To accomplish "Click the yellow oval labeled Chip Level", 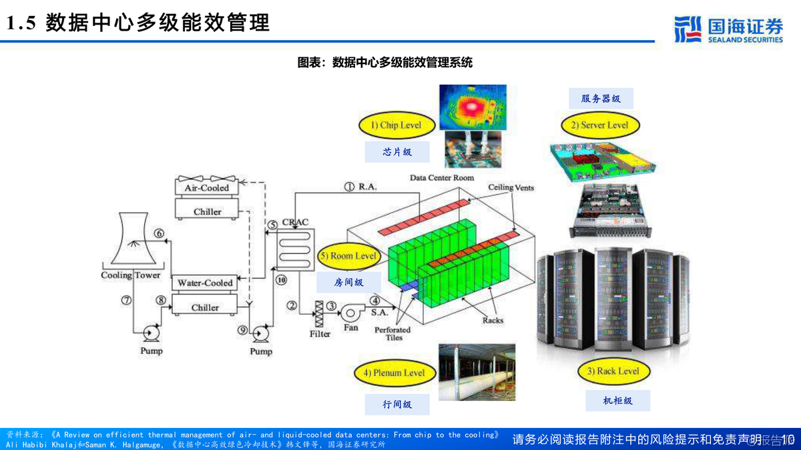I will coord(397,125).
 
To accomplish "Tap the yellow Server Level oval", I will coord(599,125).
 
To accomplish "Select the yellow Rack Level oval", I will coord(613,371).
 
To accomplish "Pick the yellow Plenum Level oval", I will coord(394,373).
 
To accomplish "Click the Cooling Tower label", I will coord(131,275).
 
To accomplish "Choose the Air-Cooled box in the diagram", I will coord(207,188).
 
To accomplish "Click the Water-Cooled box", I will coord(205,283).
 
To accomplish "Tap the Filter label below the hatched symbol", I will coord(320,333).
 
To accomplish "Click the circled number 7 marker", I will coord(126,300).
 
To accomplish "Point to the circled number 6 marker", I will coord(159,233).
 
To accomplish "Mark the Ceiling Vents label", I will coord(511,187).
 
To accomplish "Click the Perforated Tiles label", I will coord(393,333).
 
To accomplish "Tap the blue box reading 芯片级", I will coord(397,152).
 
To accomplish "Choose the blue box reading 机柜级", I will coord(617,401).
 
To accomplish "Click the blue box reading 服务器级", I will coord(601,99).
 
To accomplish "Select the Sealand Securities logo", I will coord(728,30).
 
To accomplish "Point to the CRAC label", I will coord(294,222).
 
